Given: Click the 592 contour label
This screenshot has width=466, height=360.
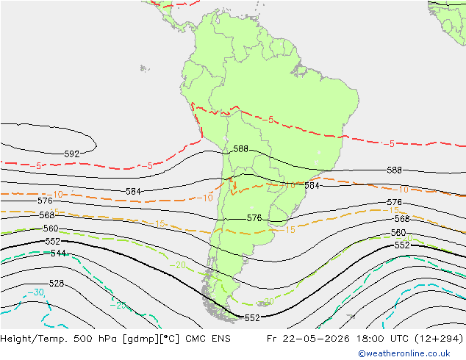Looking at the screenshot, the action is tap(72, 154).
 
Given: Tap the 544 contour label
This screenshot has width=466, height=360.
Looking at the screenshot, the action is tap(58, 253).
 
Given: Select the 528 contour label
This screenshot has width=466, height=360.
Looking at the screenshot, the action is tap(57, 284).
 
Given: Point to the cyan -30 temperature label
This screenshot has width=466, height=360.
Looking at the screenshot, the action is tap(36, 292).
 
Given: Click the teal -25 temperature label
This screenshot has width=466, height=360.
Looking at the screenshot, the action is tap(118, 305).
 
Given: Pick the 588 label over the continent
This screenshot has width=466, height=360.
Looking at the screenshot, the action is tap(241, 149).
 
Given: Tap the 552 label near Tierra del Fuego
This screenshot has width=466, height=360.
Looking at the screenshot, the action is tap(252, 318).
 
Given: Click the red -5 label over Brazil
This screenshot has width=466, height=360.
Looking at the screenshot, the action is tap(268, 120).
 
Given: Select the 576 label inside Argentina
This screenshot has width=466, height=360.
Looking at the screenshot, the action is tap(254, 218).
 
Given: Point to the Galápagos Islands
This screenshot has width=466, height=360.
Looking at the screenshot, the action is tap(145, 68).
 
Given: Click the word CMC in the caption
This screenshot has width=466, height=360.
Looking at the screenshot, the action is tap(196, 339).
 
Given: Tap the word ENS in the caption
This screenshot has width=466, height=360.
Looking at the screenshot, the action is tap(221, 339).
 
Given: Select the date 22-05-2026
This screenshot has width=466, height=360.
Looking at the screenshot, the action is tap(316, 339).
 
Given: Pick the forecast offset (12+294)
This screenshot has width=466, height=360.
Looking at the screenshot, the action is tap(439, 339).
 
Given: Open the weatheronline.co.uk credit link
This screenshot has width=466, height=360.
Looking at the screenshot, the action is tap(404, 353).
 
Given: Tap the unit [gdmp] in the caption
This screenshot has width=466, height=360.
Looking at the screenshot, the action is tap(141, 339).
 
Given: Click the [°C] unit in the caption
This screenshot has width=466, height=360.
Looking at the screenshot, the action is tap(170, 339).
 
